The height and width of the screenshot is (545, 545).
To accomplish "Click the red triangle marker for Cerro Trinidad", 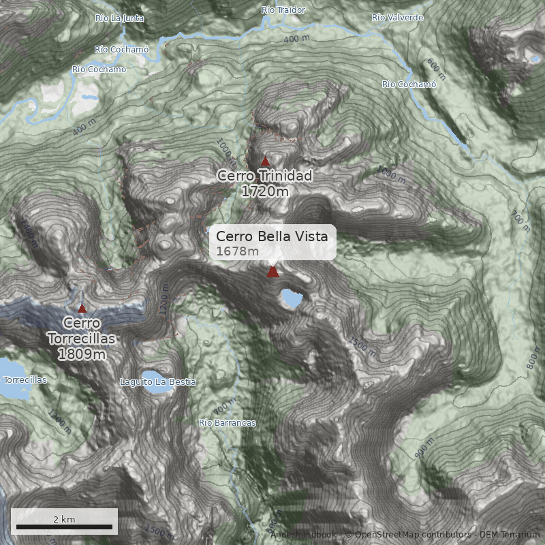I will (265, 161).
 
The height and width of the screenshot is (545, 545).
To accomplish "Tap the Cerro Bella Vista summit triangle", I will (272, 272).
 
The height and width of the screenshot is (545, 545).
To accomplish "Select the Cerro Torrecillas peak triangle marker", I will (82, 309).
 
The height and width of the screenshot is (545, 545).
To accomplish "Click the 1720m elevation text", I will (265, 191).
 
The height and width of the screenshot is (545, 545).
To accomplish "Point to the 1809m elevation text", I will (82, 354).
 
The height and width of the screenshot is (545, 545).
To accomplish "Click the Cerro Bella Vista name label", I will (272, 236).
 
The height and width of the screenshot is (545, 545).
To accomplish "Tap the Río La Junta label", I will (120, 18).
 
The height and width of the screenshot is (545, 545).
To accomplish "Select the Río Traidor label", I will (283, 10).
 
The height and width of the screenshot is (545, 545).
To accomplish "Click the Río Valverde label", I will (398, 17).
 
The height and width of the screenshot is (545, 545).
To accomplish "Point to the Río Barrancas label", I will (228, 423).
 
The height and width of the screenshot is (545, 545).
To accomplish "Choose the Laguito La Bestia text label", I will (157, 382).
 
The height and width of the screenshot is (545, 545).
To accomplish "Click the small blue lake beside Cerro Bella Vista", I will (292, 298).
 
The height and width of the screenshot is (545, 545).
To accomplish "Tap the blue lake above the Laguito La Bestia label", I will (149, 375).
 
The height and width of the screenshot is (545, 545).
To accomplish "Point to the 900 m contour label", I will (423, 449).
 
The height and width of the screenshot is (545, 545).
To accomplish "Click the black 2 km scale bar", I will (64, 527).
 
